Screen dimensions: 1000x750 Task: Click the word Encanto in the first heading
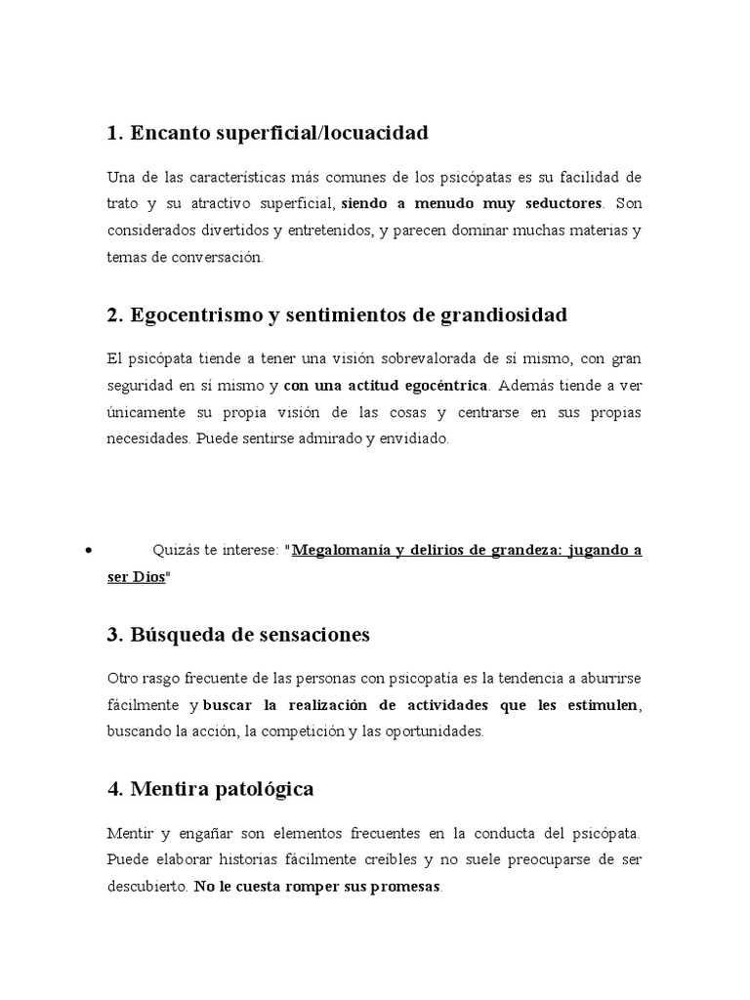(x=161, y=133)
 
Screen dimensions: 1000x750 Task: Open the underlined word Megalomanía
(x=342, y=550)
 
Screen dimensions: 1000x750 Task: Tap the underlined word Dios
(x=147, y=577)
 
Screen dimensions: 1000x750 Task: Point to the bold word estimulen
(x=594, y=704)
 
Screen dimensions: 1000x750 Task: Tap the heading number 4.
(x=112, y=788)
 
